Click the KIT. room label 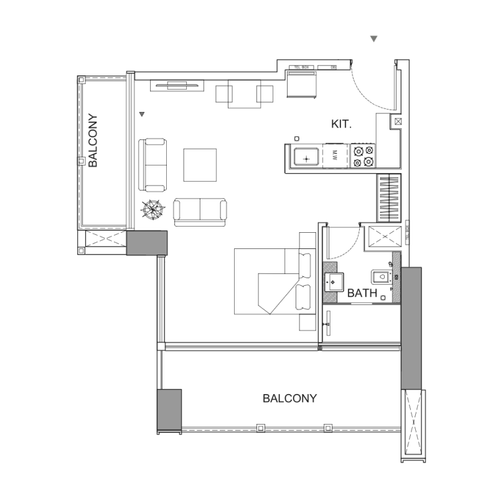(342, 125)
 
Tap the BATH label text (362, 293)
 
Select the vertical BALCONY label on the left (93, 141)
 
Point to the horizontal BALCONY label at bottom (289, 398)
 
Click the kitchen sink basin (306, 157)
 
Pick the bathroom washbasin (334, 282)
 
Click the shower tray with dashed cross (383, 238)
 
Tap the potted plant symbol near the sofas (153, 210)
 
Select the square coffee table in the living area (200, 164)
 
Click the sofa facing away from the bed (200, 211)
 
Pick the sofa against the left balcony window (153, 165)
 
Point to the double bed (274, 281)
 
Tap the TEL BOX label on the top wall (303, 67)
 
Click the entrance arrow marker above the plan (374, 39)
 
